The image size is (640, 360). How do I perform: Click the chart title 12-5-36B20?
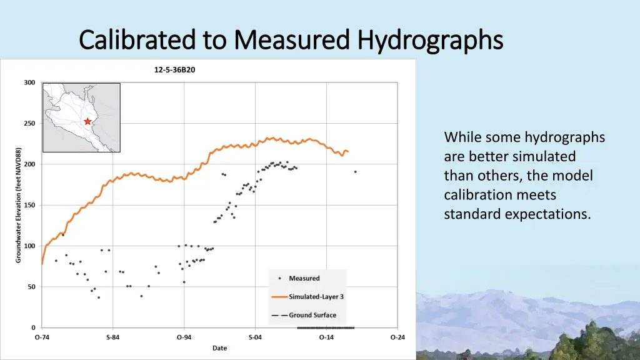click(x=175, y=70)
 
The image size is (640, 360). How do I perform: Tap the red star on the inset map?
click(x=88, y=121)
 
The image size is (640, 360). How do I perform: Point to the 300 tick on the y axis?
click(x=29, y=82)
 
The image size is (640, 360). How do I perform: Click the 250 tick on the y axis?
click(x=29, y=124)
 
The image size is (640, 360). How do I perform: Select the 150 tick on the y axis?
click(x=29, y=205)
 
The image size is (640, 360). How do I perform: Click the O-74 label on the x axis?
click(x=42, y=337)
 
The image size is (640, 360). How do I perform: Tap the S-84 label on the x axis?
click(x=112, y=337)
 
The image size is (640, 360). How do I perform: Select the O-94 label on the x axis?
click(x=184, y=337)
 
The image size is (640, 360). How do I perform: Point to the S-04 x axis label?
click(x=255, y=337)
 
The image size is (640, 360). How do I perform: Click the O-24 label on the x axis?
click(x=397, y=337)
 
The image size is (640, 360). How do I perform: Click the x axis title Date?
click(x=219, y=348)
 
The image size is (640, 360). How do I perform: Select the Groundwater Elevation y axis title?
click(x=19, y=205)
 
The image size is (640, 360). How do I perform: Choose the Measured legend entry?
click(x=304, y=278)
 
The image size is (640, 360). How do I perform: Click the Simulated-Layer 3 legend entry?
click(x=316, y=297)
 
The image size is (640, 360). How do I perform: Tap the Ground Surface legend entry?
click(x=312, y=315)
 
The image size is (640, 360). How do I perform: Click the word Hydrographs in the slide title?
click(x=430, y=40)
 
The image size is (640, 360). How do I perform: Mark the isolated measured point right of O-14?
click(x=356, y=171)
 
